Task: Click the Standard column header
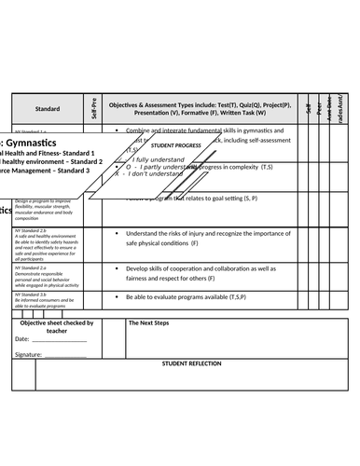(48, 108)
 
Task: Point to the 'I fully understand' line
(155, 159)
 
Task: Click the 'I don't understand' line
(149, 174)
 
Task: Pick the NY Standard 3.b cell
(47, 300)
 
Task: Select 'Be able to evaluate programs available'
(201, 296)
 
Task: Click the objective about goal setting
(187, 199)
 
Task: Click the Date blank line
(60, 340)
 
